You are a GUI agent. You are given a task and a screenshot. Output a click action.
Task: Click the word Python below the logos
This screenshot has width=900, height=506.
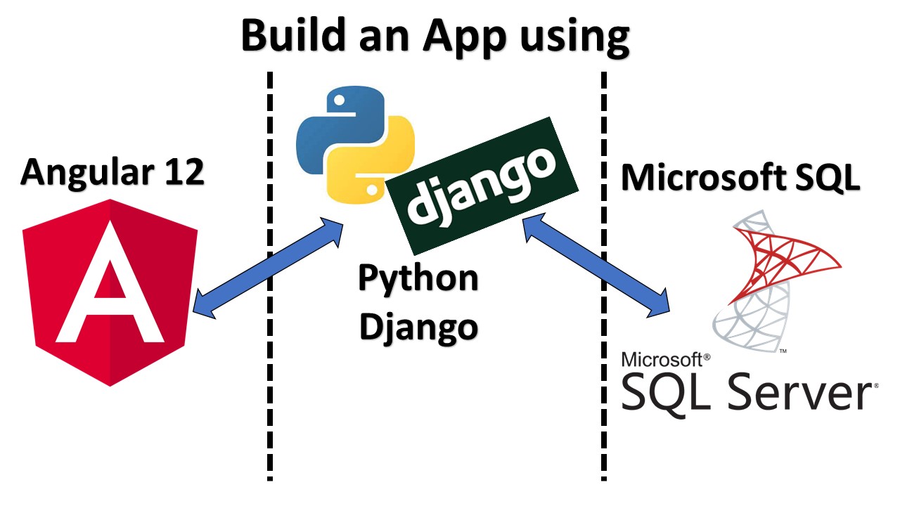(x=418, y=278)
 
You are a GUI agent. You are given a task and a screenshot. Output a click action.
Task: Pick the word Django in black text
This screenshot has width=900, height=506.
(x=418, y=326)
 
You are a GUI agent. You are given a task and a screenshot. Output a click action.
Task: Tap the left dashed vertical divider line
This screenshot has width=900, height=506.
(x=269, y=394)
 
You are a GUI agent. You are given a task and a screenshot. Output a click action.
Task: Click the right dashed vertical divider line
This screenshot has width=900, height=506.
(x=604, y=394)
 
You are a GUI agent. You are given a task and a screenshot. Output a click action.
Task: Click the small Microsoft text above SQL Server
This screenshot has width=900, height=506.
(x=662, y=360)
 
